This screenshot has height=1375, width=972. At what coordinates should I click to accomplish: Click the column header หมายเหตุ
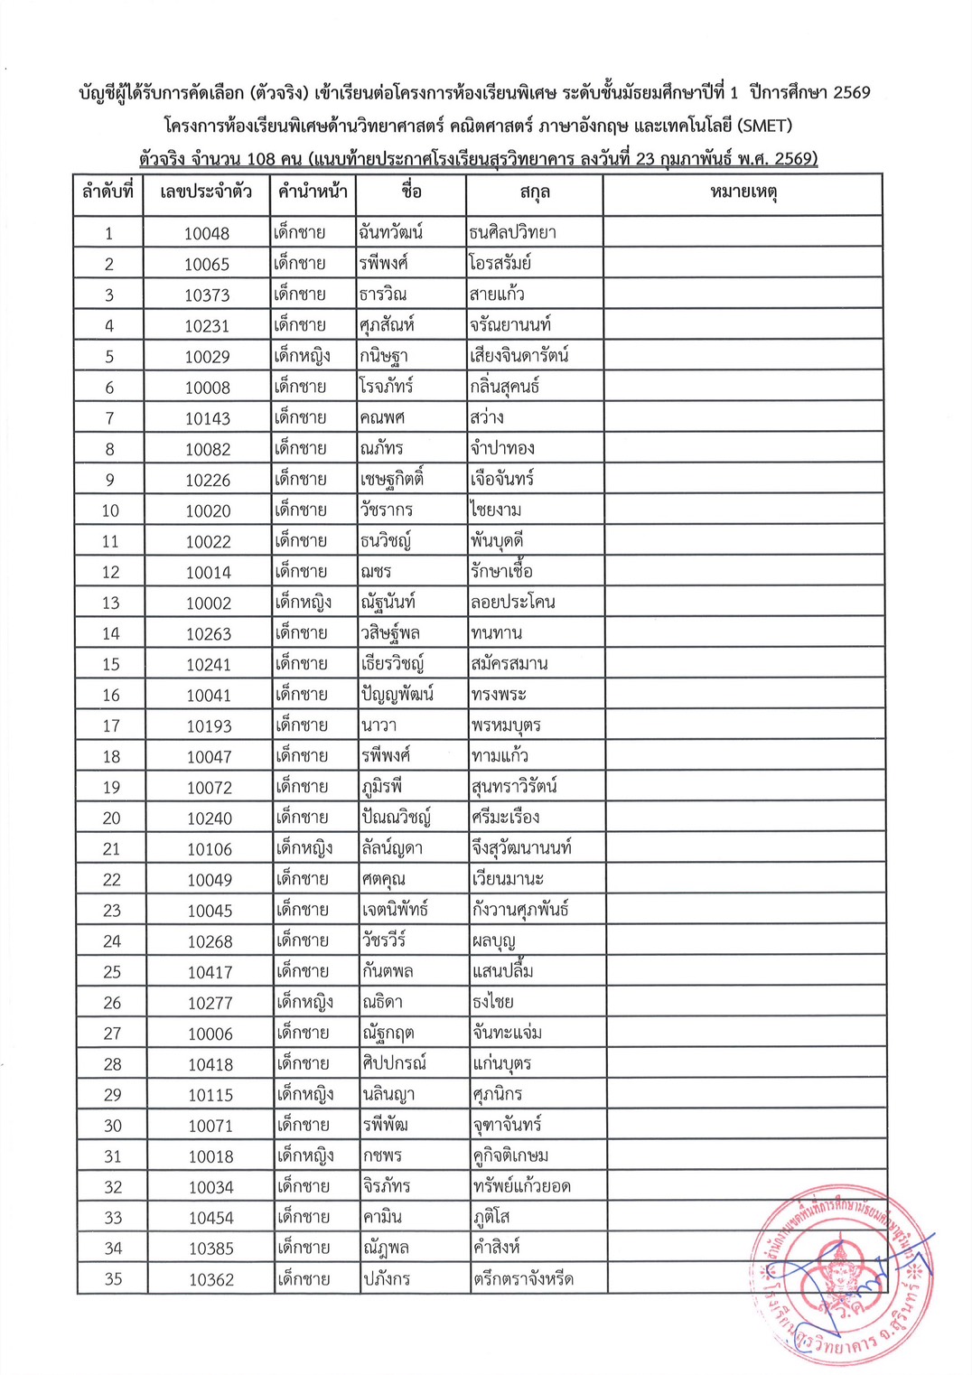743,192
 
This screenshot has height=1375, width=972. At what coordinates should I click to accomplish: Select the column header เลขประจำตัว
206,192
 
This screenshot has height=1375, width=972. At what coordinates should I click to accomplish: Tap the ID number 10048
207,233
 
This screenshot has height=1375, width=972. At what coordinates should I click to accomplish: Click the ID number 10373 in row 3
207,295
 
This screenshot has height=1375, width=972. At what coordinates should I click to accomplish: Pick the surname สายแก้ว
497,295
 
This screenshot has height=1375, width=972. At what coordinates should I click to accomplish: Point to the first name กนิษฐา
384,356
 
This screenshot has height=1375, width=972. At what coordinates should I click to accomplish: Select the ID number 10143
208,418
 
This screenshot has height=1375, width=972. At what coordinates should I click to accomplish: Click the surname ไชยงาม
496,510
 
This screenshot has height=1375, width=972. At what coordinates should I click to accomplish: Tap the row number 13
110,603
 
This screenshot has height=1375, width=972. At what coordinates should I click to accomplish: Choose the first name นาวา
379,725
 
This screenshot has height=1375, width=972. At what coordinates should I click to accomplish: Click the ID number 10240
210,818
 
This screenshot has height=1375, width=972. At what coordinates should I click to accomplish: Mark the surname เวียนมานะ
508,879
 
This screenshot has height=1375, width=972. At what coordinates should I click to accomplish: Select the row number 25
112,972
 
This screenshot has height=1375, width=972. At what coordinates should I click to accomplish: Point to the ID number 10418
210,1064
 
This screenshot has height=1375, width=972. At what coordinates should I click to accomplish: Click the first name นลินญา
388,1095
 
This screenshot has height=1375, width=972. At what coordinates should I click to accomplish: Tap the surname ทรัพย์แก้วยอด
522,1186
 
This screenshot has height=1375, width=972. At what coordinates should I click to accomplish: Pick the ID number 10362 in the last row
211,1279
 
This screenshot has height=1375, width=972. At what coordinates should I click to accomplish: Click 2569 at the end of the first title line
851,92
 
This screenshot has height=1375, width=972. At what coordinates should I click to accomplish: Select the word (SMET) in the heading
764,126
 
